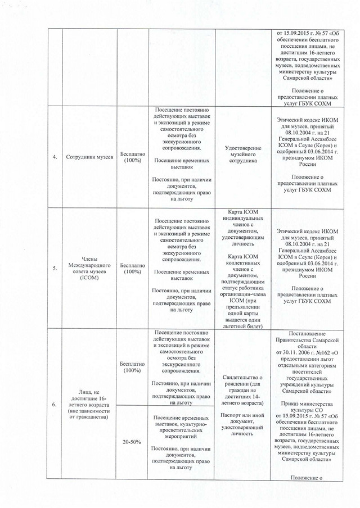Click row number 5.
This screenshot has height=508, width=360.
point(55,269)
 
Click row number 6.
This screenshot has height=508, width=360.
point(55,405)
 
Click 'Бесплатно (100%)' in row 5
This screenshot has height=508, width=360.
point(132,269)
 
